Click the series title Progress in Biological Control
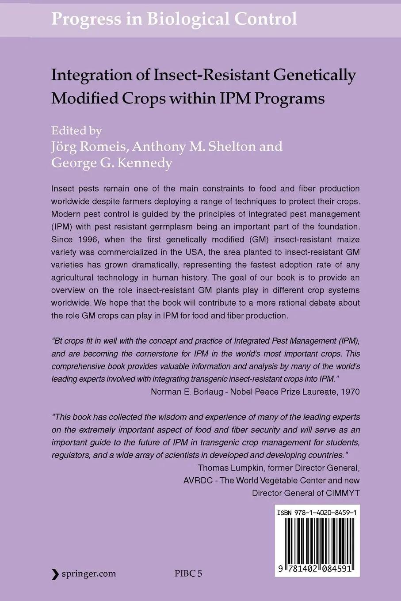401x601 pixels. click(174, 19)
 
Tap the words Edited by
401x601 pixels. click(76, 130)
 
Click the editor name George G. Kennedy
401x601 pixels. click(112, 163)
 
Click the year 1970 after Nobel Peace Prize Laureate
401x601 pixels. click(351, 392)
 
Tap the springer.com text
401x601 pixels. click(89, 574)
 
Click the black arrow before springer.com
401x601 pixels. click(55, 574)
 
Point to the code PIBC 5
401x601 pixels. click(188, 574)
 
